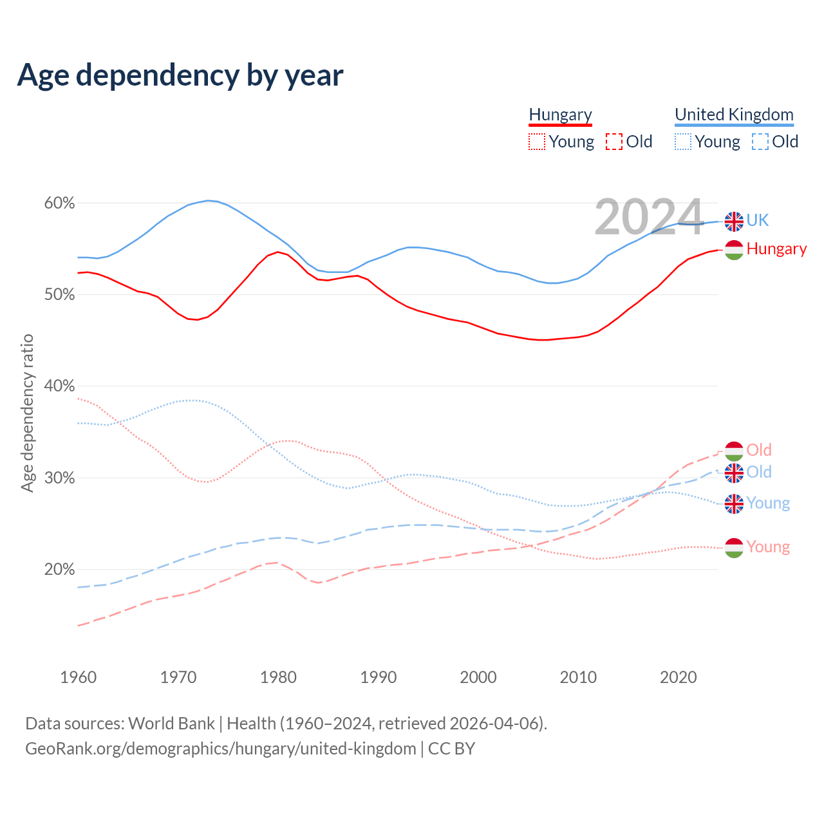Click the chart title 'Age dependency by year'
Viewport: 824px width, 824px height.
point(180,75)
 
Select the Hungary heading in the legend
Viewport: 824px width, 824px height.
point(560,115)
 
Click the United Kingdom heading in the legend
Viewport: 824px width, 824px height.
point(734,115)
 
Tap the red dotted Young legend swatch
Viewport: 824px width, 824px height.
point(536,142)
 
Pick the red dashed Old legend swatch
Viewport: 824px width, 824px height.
point(613,142)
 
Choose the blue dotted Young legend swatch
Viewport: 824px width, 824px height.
point(683,142)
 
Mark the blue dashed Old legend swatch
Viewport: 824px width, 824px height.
point(760,142)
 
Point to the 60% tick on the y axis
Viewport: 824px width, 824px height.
point(59,203)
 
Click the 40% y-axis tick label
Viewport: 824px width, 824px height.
point(59,386)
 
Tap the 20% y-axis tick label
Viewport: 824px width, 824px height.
point(59,570)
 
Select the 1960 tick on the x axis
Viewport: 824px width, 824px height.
point(78,677)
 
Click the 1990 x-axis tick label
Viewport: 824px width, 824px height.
point(379,677)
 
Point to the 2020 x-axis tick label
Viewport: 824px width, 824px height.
point(679,677)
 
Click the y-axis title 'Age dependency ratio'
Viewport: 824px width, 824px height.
point(27,413)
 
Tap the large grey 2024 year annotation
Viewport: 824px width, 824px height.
point(648,217)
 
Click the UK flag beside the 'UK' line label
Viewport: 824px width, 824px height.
point(734,221)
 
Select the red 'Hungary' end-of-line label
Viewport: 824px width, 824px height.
point(776,249)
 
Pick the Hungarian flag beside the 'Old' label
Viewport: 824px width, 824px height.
point(734,451)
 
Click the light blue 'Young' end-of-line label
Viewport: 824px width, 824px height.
point(768,503)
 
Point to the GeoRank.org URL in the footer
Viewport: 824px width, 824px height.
point(221,749)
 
